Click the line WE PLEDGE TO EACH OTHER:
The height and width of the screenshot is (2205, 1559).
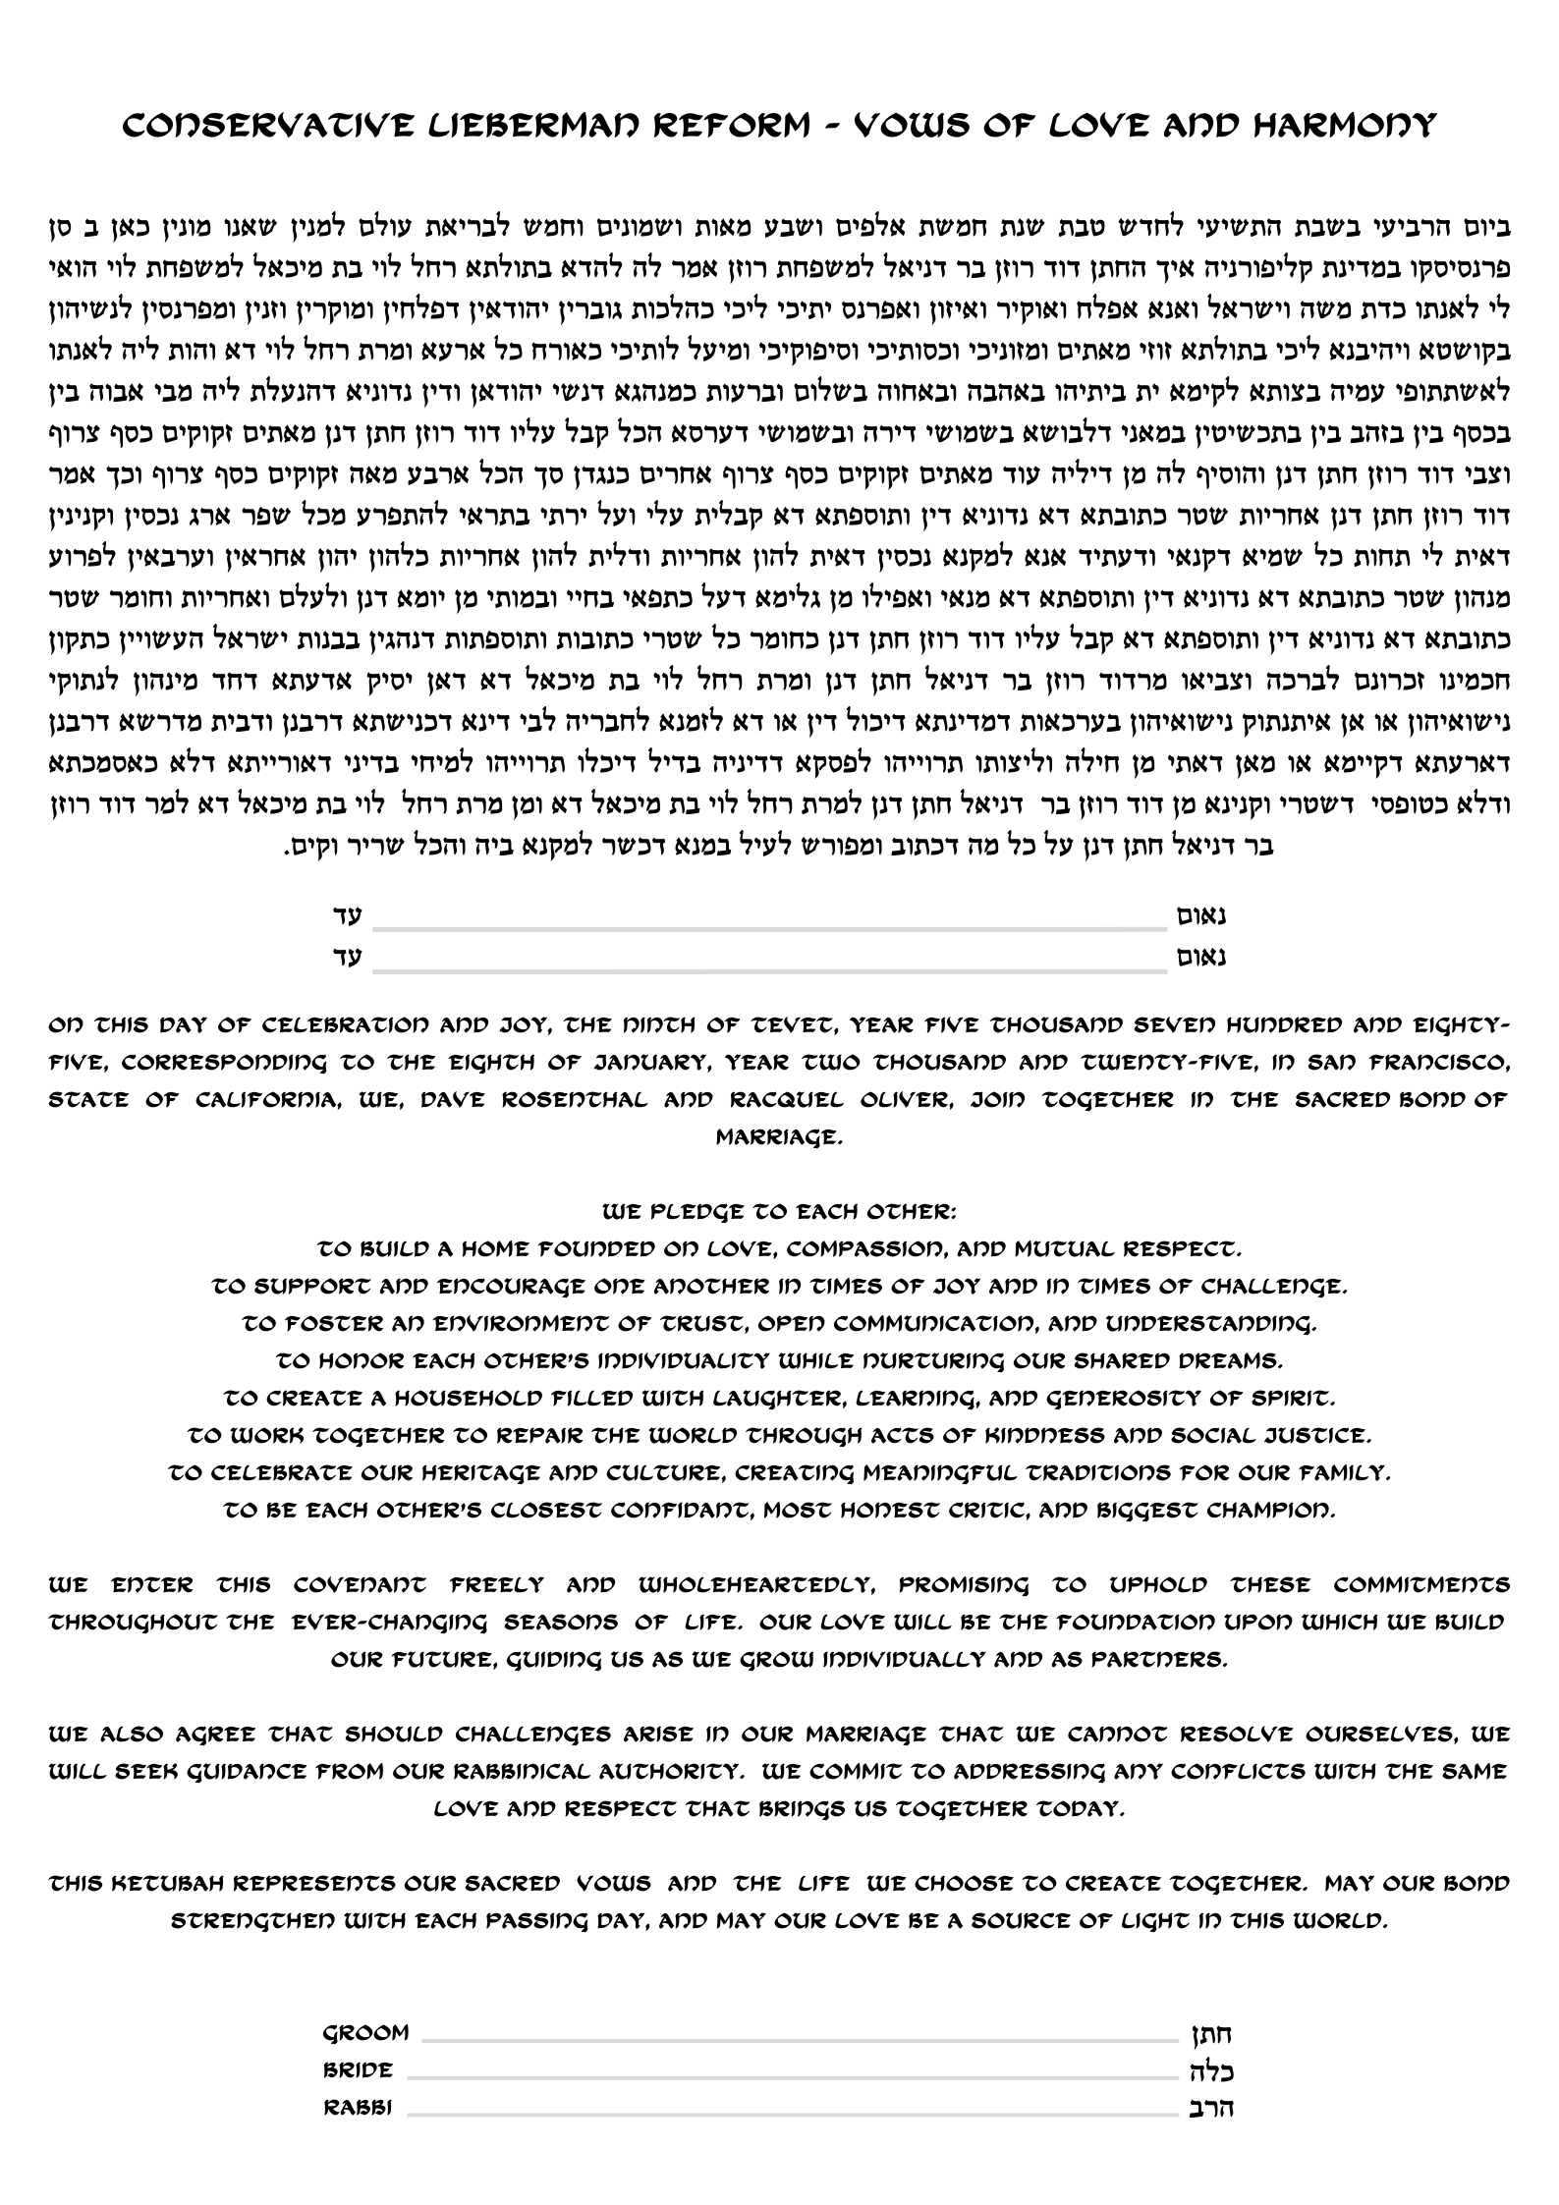click(x=779, y=1212)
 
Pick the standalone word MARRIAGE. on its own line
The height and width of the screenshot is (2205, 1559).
click(x=779, y=1137)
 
